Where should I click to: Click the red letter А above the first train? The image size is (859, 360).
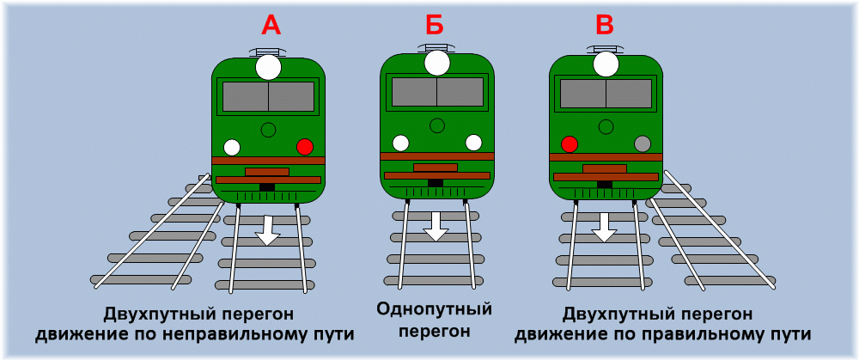pos(271,25)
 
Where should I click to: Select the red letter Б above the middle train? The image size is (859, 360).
pos(436,25)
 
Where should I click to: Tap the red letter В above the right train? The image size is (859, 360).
pos(604,25)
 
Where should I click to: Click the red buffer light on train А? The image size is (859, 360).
pos(305,147)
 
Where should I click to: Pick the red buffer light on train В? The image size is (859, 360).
pos(570,143)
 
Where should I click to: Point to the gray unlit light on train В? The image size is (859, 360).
pos(642,143)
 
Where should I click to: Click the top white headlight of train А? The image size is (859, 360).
pos(268,67)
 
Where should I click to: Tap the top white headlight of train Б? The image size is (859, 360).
pos(437,62)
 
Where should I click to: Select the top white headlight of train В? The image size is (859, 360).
pos(606,64)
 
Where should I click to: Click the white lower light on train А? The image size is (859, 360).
pos(232,147)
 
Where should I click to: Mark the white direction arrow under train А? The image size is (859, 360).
pos(267,229)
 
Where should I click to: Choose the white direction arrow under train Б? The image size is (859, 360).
pos(436,226)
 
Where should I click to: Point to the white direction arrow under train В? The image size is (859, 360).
pos(605,227)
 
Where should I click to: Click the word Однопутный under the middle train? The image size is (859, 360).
pos(435,310)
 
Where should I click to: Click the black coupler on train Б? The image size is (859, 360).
pos(436,182)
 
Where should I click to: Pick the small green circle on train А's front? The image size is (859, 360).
pos(268,130)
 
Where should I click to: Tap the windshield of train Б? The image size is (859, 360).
pos(437,92)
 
